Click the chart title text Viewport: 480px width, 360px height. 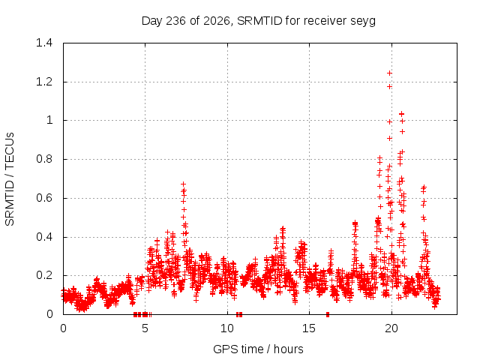pyautogui.click(x=258, y=21)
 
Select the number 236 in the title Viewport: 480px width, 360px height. pyautogui.click(x=175, y=21)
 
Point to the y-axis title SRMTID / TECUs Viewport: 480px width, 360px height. pyautogui.click(x=10, y=179)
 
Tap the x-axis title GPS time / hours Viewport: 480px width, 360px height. pyautogui.click(x=258, y=349)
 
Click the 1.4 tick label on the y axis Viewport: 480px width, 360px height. pyautogui.click(x=44, y=43)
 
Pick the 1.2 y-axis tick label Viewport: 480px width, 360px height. pyautogui.click(x=44, y=82)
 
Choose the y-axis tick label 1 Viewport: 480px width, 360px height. pyautogui.click(x=49, y=120)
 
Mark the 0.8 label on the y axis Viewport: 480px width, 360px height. pyautogui.click(x=44, y=159)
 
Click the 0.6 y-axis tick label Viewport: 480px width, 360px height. pyautogui.click(x=44, y=198)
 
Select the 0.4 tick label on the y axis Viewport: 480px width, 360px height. pyautogui.click(x=44, y=237)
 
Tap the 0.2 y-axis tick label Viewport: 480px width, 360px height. pyautogui.click(x=44, y=275)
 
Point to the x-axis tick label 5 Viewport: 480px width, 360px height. pyautogui.click(x=145, y=328)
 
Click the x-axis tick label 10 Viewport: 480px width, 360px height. pyautogui.click(x=227, y=328)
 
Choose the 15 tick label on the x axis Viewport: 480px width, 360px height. pyautogui.click(x=309, y=328)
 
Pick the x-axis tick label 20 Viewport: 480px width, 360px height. pyautogui.click(x=391, y=328)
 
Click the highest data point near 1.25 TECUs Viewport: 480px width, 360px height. pyautogui.click(x=389, y=73)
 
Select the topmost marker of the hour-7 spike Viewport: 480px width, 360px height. pyautogui.click(x=183, y=184)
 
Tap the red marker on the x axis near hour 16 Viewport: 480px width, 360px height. pyautogui.click(x=328, y=314)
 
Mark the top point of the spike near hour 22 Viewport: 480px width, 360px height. pyautogui.click(x=424, y=187)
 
